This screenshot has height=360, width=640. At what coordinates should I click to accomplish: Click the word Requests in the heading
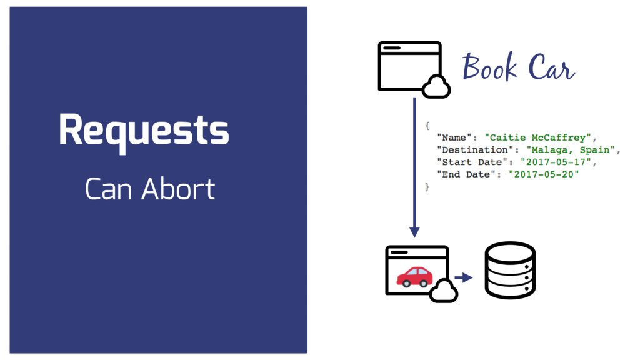144,131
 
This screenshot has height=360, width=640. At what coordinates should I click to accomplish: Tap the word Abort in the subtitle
178,189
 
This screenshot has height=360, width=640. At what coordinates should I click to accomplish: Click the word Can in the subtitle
109,189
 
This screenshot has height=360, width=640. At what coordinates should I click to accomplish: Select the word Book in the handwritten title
489,67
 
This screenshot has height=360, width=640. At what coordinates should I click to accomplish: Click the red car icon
414,276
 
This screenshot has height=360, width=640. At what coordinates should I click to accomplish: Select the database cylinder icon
510,270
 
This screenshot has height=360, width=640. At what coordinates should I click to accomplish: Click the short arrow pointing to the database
463,277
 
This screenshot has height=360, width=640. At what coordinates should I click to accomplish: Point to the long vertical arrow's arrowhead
414,232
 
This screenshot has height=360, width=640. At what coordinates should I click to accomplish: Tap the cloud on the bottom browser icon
443,291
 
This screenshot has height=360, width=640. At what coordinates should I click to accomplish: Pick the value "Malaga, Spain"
570,149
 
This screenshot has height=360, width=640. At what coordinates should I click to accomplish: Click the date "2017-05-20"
543,174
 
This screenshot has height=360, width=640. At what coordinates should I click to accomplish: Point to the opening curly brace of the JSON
427,125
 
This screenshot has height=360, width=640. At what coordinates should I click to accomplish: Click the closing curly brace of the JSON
427,186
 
